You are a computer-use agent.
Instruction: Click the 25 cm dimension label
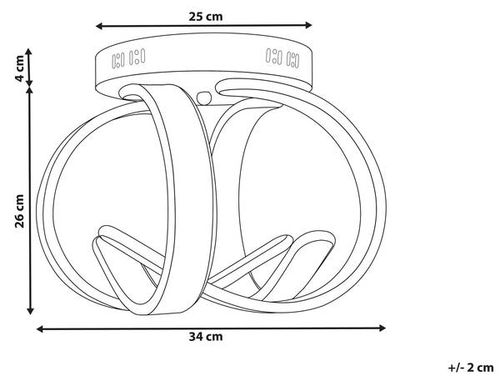pyautogui.click(x=205, y=17)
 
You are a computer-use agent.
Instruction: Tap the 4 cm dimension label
pyautogui.click(x=19, y=68)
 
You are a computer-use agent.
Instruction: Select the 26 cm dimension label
pyautogui.click(x=19, y=211)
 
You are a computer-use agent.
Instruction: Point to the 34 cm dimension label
pyautogui.click(x=206, y=336)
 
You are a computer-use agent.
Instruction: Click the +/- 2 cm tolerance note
pyautogui.click(x=471, y=368)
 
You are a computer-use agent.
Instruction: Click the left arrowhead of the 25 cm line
pyautogui.click(x=99, y=26)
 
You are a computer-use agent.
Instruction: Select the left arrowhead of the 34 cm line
pyautogui.click(x=40, y=329)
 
